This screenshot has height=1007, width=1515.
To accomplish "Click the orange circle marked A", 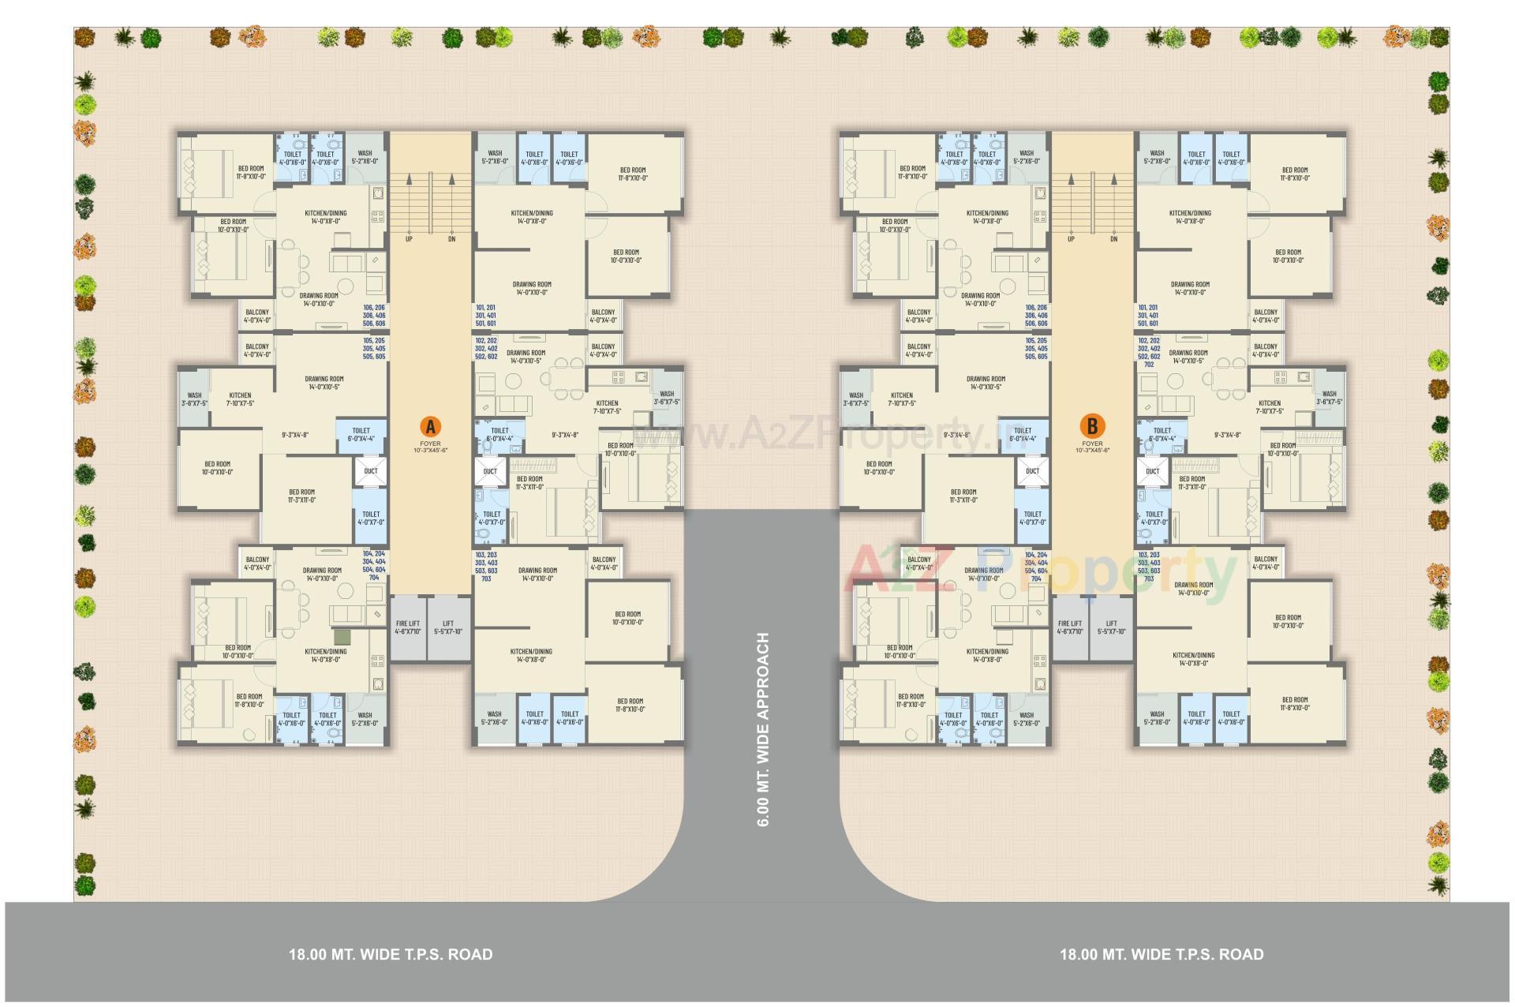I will pyautogui.click(x=430, y=427).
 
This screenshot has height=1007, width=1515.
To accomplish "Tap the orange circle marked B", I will pyautogui.click(x=1092, y=427).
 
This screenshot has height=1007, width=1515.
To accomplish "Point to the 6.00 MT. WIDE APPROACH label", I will pyautogui.click(x=763, y=729).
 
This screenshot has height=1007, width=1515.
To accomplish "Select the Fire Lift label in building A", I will pyautogui.click(x=408, y=627).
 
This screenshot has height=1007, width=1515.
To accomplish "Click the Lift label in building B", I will pyautogui.click(x=1111, y=627).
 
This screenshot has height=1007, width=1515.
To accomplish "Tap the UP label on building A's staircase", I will pyautogui.click(x=409, y=238).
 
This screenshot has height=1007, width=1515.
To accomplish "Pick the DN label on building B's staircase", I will pyautogui.click(x=1113, y=238).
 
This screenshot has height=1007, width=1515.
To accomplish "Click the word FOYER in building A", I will pyautogui.click(x=430, y=444).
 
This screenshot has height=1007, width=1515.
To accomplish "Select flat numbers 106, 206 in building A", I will pyautogui.click(x=374, y=308).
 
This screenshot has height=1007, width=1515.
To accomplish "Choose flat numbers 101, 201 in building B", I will pyautogui.click(x=1147, y=308).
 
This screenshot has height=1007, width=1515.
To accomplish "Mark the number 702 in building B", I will pyautogui.click(x=1149, y=365).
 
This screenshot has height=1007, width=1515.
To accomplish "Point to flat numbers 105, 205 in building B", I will pyautogui.click(x=1036, y=341).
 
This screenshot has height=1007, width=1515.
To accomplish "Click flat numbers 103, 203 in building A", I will pyautogui.click(x=486, y=556).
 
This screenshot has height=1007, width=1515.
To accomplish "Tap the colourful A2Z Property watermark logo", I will pyautogui.click(x=1042, y=571).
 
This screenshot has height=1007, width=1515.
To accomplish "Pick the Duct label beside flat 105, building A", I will pyautogui.click(x=371, y=471).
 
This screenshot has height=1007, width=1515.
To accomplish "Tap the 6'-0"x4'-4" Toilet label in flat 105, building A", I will pyautogui.click(x=361, y=435).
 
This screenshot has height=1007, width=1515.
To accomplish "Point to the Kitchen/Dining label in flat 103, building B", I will pyautogui.click(x=1193, y=659).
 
